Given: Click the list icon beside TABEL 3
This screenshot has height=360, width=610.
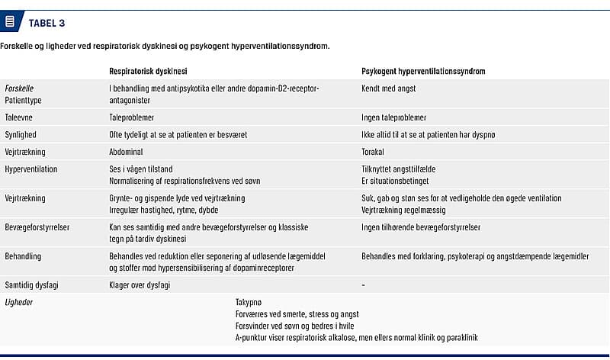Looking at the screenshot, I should pyautogui.click(x=10, y=21).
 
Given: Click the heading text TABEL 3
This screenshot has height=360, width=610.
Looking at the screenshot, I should pyautogui.click(x=47, y=22).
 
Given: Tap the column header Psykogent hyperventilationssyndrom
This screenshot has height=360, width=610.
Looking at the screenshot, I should pyautogui.click(x=423, y=71).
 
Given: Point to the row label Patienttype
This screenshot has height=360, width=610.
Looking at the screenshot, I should pyautogui.click(x=24, y=99).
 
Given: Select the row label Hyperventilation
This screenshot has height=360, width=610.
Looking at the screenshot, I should pyautogui.click(x=31, y=169).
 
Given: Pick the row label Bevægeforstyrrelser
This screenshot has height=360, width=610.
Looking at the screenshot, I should pyautogui.click(x=36, y=227).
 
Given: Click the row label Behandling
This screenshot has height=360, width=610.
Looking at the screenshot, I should pyautogui.click(x=24, y=256).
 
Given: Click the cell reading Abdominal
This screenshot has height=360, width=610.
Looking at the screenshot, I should pyautogui.click(x=126, y=152).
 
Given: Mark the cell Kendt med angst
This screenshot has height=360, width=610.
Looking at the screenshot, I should pyautogui.click(x=389, y=88).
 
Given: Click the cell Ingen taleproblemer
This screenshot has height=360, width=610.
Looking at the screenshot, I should pyautogui.click(x=393, y=118).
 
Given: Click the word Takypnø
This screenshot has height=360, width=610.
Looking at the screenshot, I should pyautogui.click(x=250, y=302).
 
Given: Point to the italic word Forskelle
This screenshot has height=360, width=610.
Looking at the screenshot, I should pyautogui.click(x=19, y=88).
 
